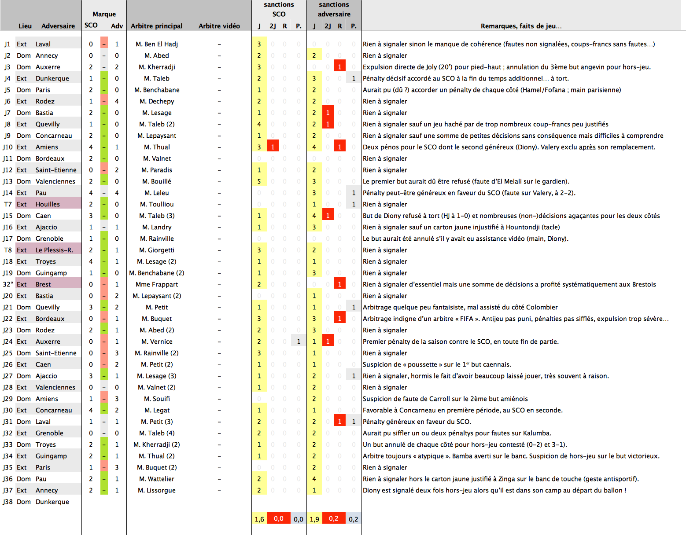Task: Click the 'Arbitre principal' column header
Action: click(156, 26)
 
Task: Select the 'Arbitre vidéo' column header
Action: click(219, 26)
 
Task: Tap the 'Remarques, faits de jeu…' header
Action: click(521, 26)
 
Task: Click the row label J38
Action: click(7, 502)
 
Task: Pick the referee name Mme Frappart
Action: click(157, 284)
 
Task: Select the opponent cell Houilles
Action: click(48, 204)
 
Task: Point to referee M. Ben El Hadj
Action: click(157, 44)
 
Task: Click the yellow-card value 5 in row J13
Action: click(259, 181)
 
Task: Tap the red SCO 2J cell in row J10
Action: click(273, 147)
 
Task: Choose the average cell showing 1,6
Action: click(259, 519)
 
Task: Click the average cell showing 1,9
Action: click(314, 519)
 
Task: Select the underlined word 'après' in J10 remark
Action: click(587, 147)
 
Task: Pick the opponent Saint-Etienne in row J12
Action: click(56, 170)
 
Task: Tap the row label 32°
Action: click(8, 284)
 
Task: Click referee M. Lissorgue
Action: click(157, 490)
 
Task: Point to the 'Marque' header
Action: click(104, 14)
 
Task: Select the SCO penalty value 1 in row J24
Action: click(299, 341)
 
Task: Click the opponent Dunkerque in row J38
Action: click(52, 502)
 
